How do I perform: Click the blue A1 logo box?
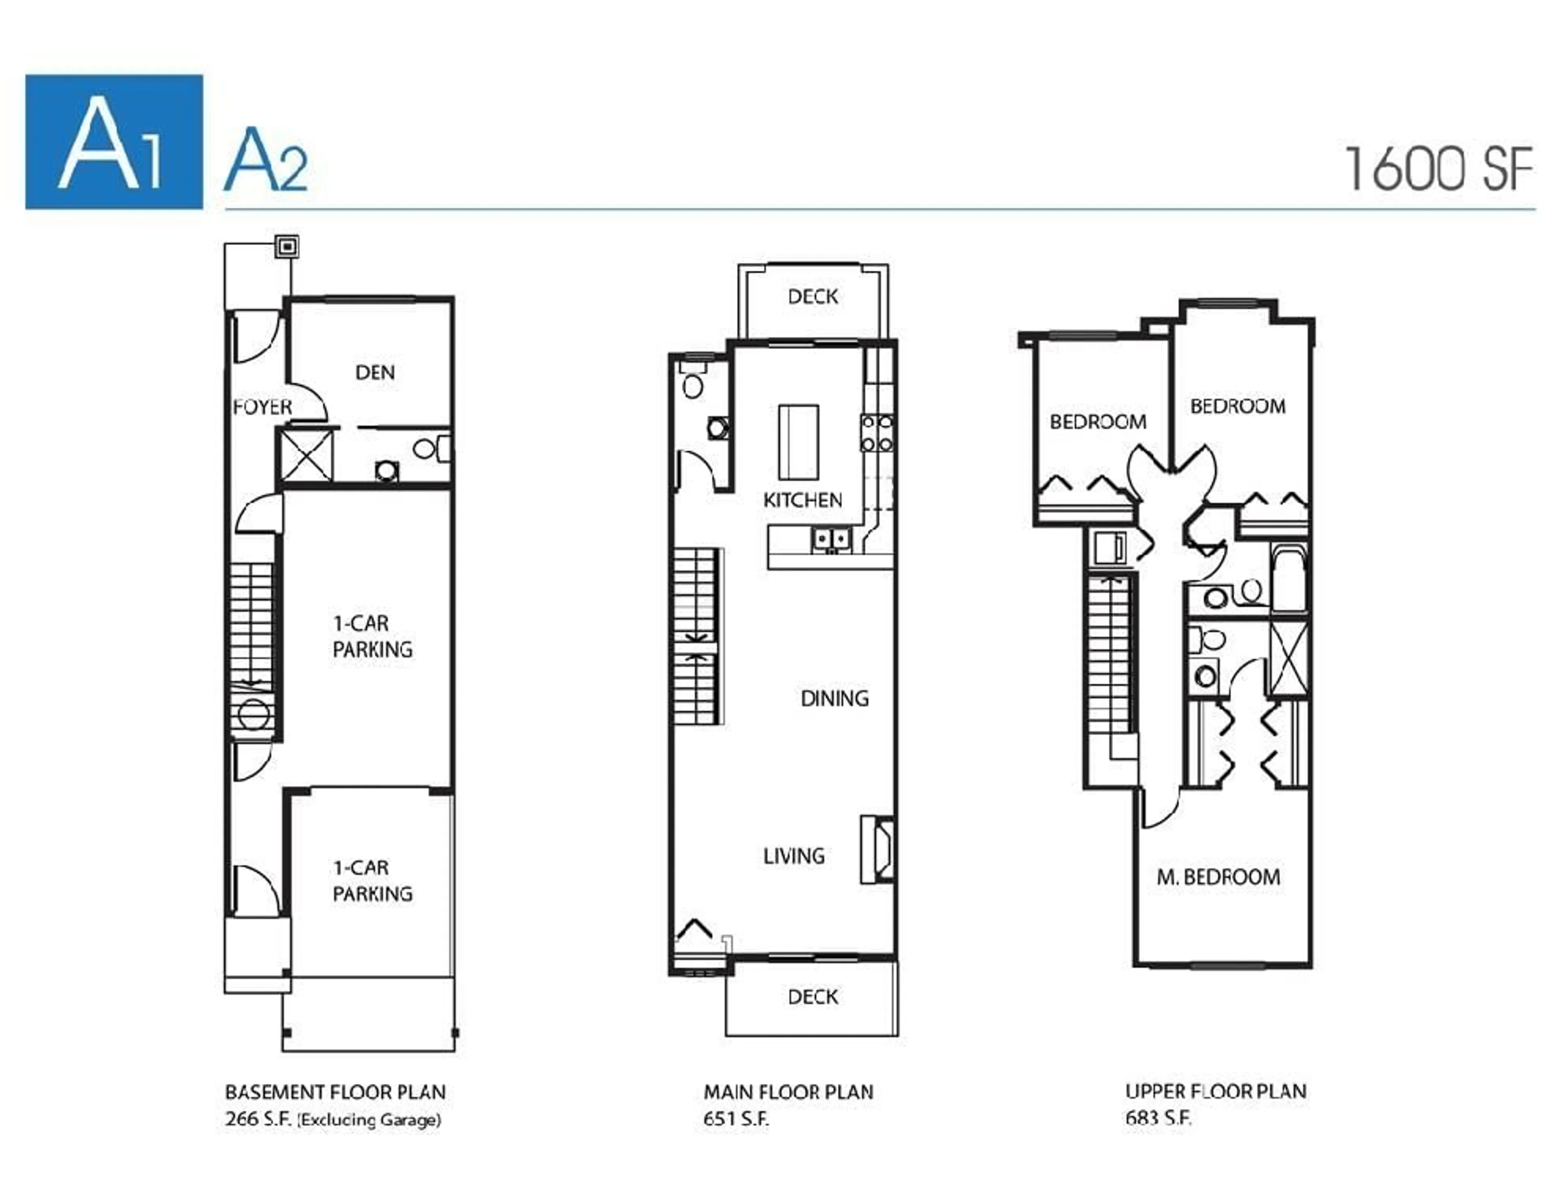[114, 141]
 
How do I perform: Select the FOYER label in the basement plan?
[262, 407]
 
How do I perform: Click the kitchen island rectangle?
[799, 442]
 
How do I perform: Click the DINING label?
[834, 699]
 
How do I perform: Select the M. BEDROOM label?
[1218, 878]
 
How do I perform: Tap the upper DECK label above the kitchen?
[813, 296]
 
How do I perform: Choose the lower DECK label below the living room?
[813, 997]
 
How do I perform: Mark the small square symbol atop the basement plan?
[287, 247]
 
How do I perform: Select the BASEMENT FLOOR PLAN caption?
[335, 1092]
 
